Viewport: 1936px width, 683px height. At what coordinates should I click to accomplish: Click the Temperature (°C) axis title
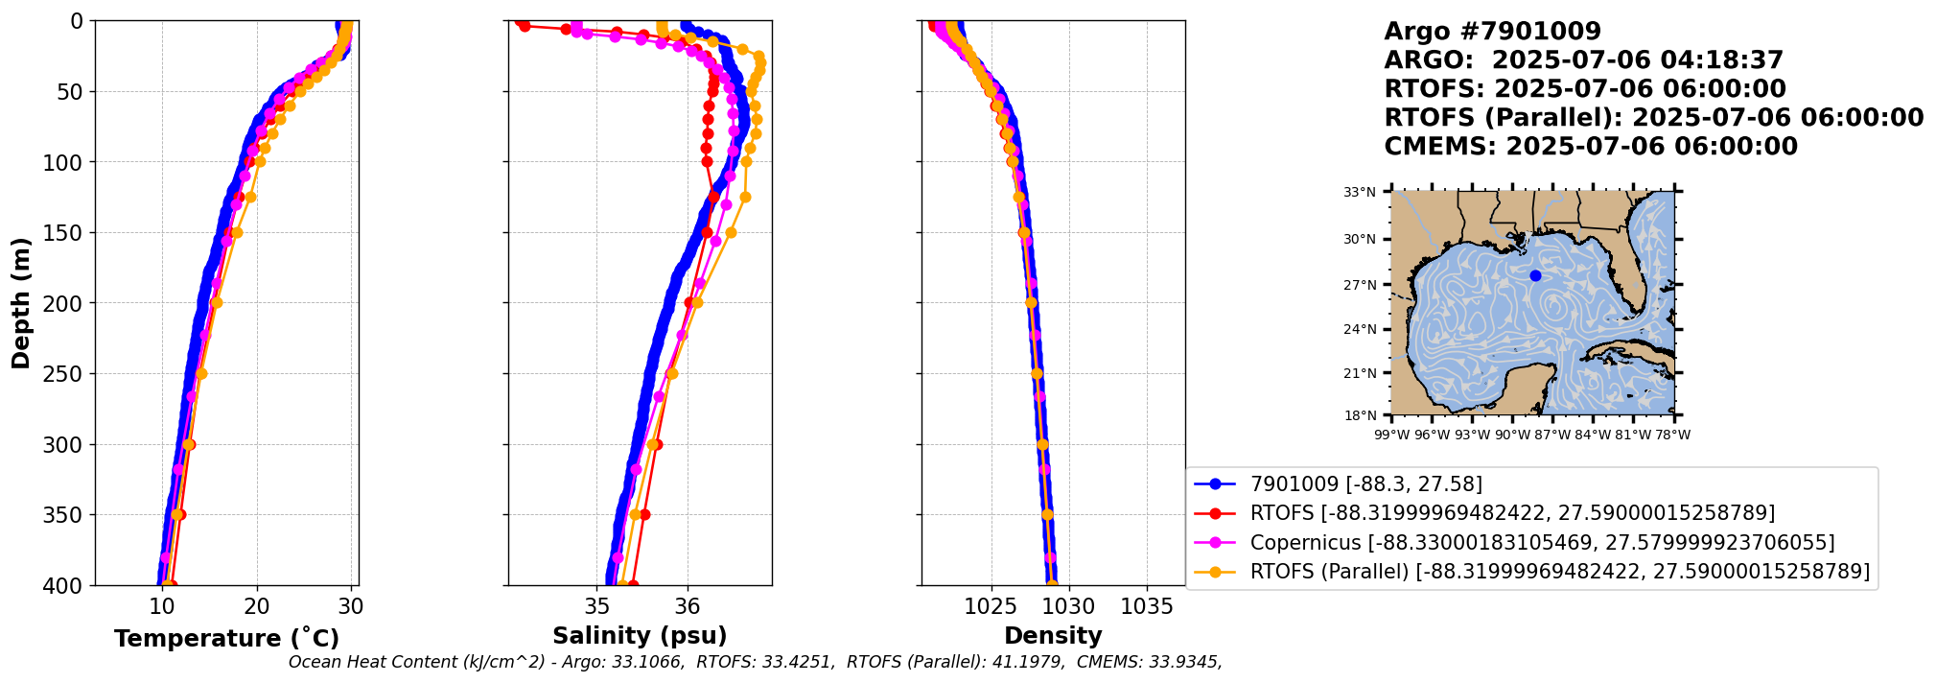coord(226,639)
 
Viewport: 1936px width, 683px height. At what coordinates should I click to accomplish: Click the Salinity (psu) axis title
coord(640,636)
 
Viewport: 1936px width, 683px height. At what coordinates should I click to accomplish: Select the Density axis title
coord(1053,636)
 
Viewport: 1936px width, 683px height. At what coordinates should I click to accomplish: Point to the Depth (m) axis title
coord(20,303)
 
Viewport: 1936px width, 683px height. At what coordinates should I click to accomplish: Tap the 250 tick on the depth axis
coord(69,374)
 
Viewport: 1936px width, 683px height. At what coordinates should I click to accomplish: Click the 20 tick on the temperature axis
coord(256,606)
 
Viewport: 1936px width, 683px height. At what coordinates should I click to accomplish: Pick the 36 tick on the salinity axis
coord(688,606)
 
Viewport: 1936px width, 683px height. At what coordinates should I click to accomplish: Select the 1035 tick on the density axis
coord(1147,606)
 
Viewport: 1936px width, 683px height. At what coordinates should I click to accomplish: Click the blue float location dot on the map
coord(1535,276)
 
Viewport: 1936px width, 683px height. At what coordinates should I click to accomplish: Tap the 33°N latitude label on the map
coord(1359,193)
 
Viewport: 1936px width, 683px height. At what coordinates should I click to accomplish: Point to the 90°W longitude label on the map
coord(1512,436)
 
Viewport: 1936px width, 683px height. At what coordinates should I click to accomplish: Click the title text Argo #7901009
coord(1492,32)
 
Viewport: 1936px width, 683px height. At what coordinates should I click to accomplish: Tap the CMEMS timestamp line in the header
coord(1591,147)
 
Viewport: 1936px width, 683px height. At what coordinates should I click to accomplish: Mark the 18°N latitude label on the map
coord(1359,416)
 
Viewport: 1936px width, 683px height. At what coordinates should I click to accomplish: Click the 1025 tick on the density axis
coord(990,606)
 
